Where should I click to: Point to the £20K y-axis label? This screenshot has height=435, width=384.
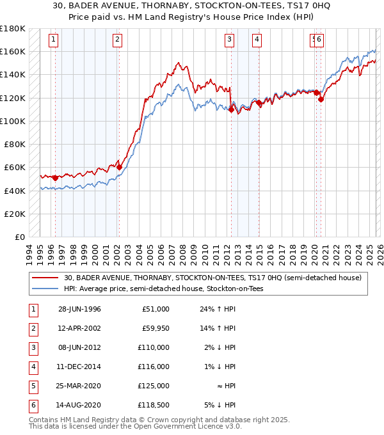(x=14, y=214)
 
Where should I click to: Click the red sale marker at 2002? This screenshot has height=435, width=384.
(x=119, y=168)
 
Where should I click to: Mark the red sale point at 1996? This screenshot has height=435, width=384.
(x=56, y=178)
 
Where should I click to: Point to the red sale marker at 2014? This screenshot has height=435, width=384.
(x=258, y=102)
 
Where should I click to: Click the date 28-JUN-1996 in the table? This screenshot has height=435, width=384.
(x=79, y=309)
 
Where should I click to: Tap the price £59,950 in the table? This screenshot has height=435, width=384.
(x=154, y=328)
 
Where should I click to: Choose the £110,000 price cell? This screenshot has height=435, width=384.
(x=154, y=347)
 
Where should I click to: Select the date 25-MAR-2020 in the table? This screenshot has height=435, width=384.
(x=79, y=386)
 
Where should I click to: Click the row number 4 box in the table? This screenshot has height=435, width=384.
(x=33, y=367)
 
